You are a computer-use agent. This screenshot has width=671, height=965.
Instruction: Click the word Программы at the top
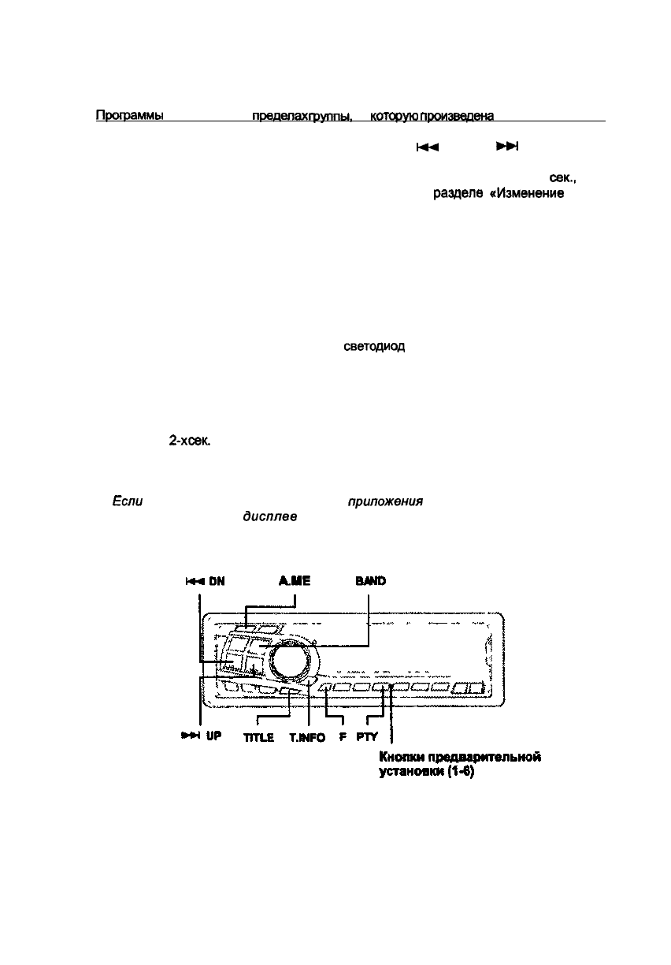128,116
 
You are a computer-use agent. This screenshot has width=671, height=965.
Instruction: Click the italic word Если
128,502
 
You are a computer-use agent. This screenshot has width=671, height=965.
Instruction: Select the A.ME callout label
295,581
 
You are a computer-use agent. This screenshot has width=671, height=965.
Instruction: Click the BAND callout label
369,581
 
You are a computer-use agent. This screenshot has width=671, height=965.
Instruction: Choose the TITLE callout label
258,737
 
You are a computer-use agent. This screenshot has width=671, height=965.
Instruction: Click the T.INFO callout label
307,737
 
